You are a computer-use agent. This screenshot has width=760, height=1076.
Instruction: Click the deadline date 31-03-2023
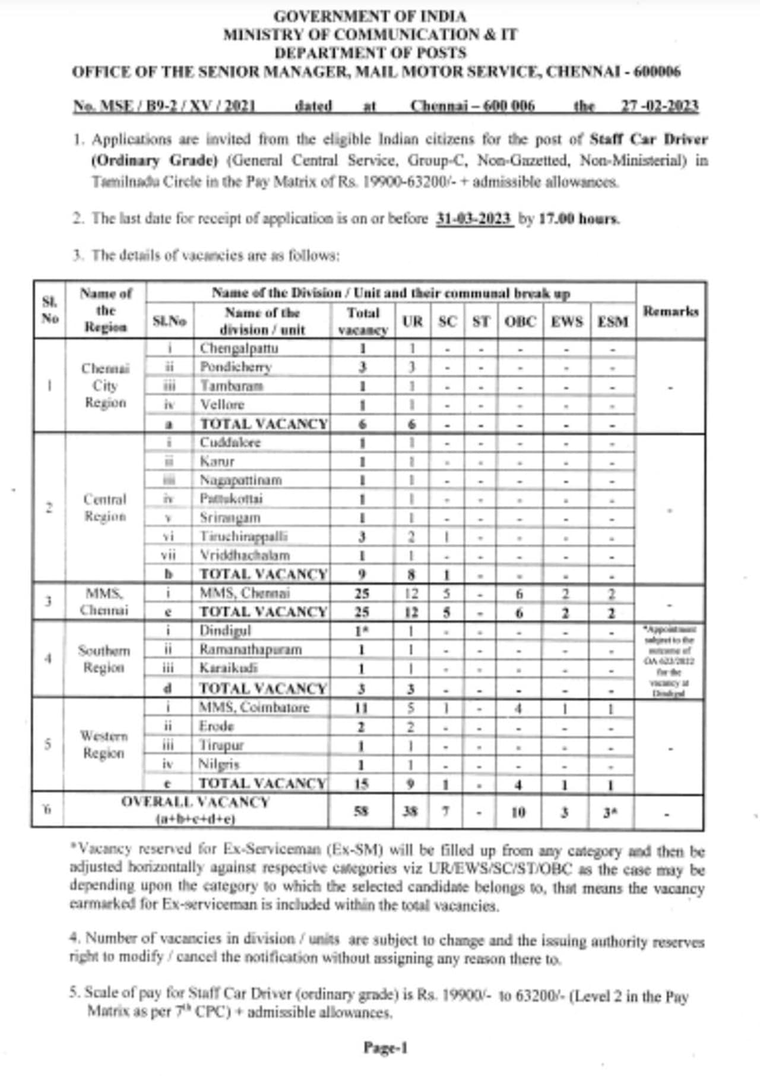click(x=474, y=219)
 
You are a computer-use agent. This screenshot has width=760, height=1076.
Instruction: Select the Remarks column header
click(x=670, y=311)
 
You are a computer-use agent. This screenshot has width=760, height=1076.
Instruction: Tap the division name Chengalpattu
click(x=239, y=348)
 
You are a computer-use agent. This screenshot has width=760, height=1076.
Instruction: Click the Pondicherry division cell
click(x=236, y=367)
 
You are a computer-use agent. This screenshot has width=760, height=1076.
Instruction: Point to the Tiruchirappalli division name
click(x=243, y=536)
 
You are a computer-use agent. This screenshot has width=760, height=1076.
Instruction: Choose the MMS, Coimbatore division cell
click(x=254, y=707)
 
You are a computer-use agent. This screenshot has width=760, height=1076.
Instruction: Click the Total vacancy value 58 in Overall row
click(x=361, y=811)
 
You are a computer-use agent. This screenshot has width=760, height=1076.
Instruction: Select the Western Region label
click(x=104, y=744)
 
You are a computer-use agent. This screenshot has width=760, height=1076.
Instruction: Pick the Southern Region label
click(x=104, y=659)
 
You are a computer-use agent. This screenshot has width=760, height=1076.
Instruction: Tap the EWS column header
click(x=566, y=321)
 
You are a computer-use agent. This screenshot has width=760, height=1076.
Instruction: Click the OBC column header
click(x=520, y=321)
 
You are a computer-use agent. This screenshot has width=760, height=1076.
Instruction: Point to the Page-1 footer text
click(x=385, y=1047)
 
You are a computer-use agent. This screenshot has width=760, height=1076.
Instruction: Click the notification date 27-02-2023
click(x=659, y=106)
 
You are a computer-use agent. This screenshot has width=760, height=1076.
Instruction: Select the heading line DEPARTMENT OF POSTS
click(x=370, y=53)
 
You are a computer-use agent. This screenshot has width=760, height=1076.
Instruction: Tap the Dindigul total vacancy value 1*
click(x=361, y=631)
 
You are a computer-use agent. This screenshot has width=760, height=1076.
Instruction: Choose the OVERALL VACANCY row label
click(x=195, y=810)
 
